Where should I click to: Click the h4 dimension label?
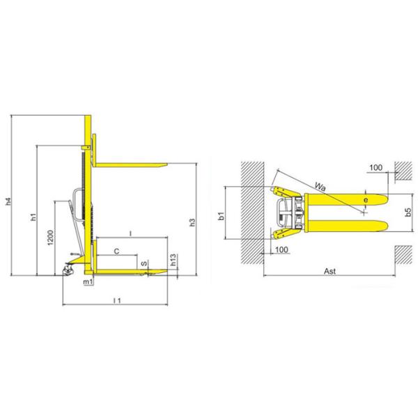9,202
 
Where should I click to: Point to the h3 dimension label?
193,223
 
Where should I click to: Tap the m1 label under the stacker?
88,282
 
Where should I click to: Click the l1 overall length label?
118,300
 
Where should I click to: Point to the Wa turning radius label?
320,186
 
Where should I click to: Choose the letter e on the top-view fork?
365,201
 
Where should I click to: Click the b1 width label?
221,215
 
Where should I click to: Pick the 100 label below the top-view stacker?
281,249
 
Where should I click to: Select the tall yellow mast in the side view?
88,195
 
